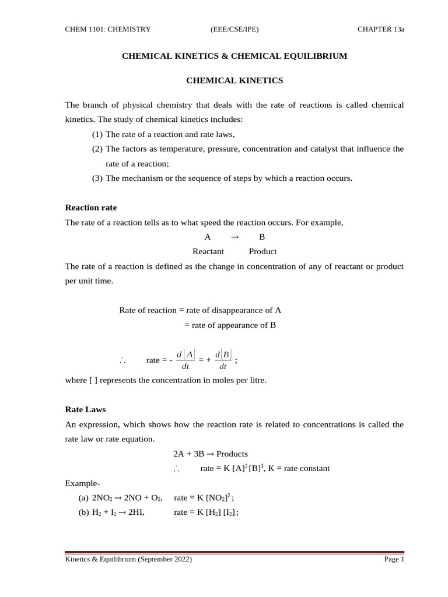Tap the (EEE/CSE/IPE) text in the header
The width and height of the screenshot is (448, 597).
(234, 30)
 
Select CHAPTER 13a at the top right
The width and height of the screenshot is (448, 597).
(380, 30)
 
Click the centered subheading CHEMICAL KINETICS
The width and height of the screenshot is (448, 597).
(234, 80)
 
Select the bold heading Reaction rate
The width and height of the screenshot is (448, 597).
(91, 208)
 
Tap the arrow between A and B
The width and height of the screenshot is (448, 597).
(235, 237)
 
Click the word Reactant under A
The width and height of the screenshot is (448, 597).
(208, 252)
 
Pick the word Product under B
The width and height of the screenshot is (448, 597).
(262, 252)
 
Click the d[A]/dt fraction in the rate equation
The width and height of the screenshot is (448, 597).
(185, 360)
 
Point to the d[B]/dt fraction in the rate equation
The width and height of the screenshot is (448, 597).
(223, 360)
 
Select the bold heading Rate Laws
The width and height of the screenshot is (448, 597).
(85, 410)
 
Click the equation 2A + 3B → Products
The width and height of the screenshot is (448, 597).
(211, 454)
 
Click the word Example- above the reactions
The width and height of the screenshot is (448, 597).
(82, 483)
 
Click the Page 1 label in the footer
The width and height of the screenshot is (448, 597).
(394, 560)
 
